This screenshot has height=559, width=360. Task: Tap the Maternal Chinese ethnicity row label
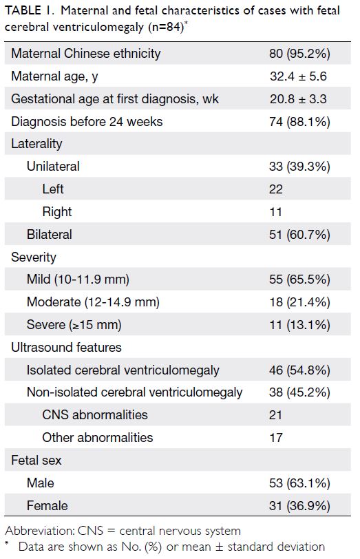[86, 54]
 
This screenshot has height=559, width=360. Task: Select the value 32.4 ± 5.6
[298, 76]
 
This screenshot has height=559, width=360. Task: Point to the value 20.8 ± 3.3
[298, 98]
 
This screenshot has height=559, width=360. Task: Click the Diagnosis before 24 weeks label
[87, 122]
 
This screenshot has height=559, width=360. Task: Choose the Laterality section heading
[36, 144]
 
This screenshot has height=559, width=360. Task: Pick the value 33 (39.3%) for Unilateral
[299, 167]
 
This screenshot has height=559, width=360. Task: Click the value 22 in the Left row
[276, 189]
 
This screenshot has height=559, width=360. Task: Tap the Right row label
[57, 212]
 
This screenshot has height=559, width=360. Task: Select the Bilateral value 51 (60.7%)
[299, 235]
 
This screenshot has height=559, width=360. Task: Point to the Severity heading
[34, 257]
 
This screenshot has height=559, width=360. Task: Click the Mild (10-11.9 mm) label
[78, 279]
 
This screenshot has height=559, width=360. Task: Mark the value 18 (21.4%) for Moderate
[299, 302]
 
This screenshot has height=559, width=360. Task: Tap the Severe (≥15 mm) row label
[74, 325]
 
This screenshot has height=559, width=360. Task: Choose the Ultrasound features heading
[66, 347]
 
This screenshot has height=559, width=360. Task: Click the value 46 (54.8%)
[299, 370]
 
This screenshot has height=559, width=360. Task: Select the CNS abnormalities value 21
[275, 415]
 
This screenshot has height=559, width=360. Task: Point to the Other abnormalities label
[98, 437]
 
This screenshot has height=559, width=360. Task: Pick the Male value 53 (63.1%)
[299, 483]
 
